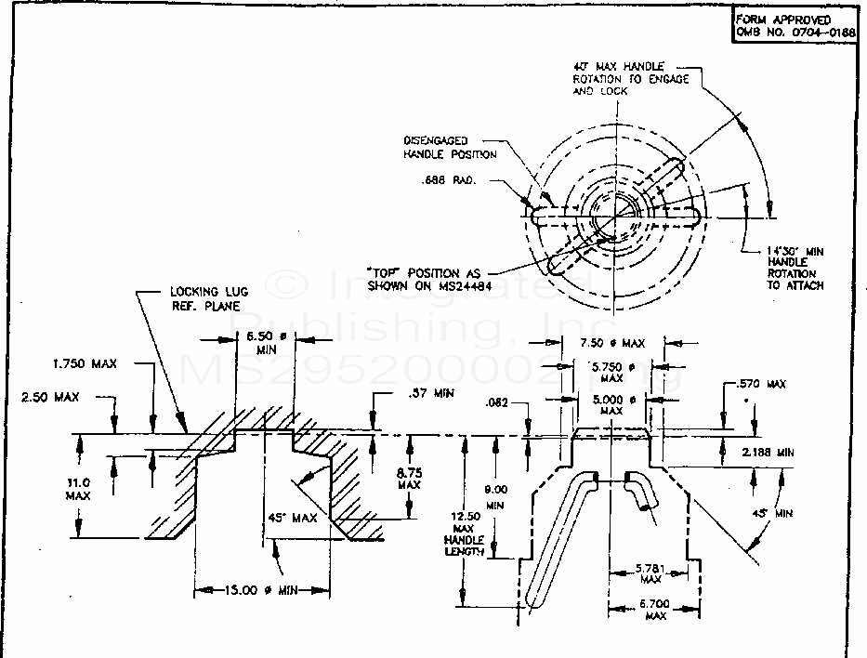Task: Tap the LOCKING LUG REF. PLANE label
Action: pyautogui.click(x=206, y=297)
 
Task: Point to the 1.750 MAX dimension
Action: pyautogui.click(x=85, y=363)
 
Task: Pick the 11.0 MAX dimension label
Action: pyautogui.click(x=78, y=489)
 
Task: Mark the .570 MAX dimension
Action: pyautogui.click(x=760, y=384)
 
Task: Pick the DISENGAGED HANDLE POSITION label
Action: pyautogui.click(x=449, y=147)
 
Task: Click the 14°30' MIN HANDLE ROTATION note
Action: pyautogui.click(x=795, y=268)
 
